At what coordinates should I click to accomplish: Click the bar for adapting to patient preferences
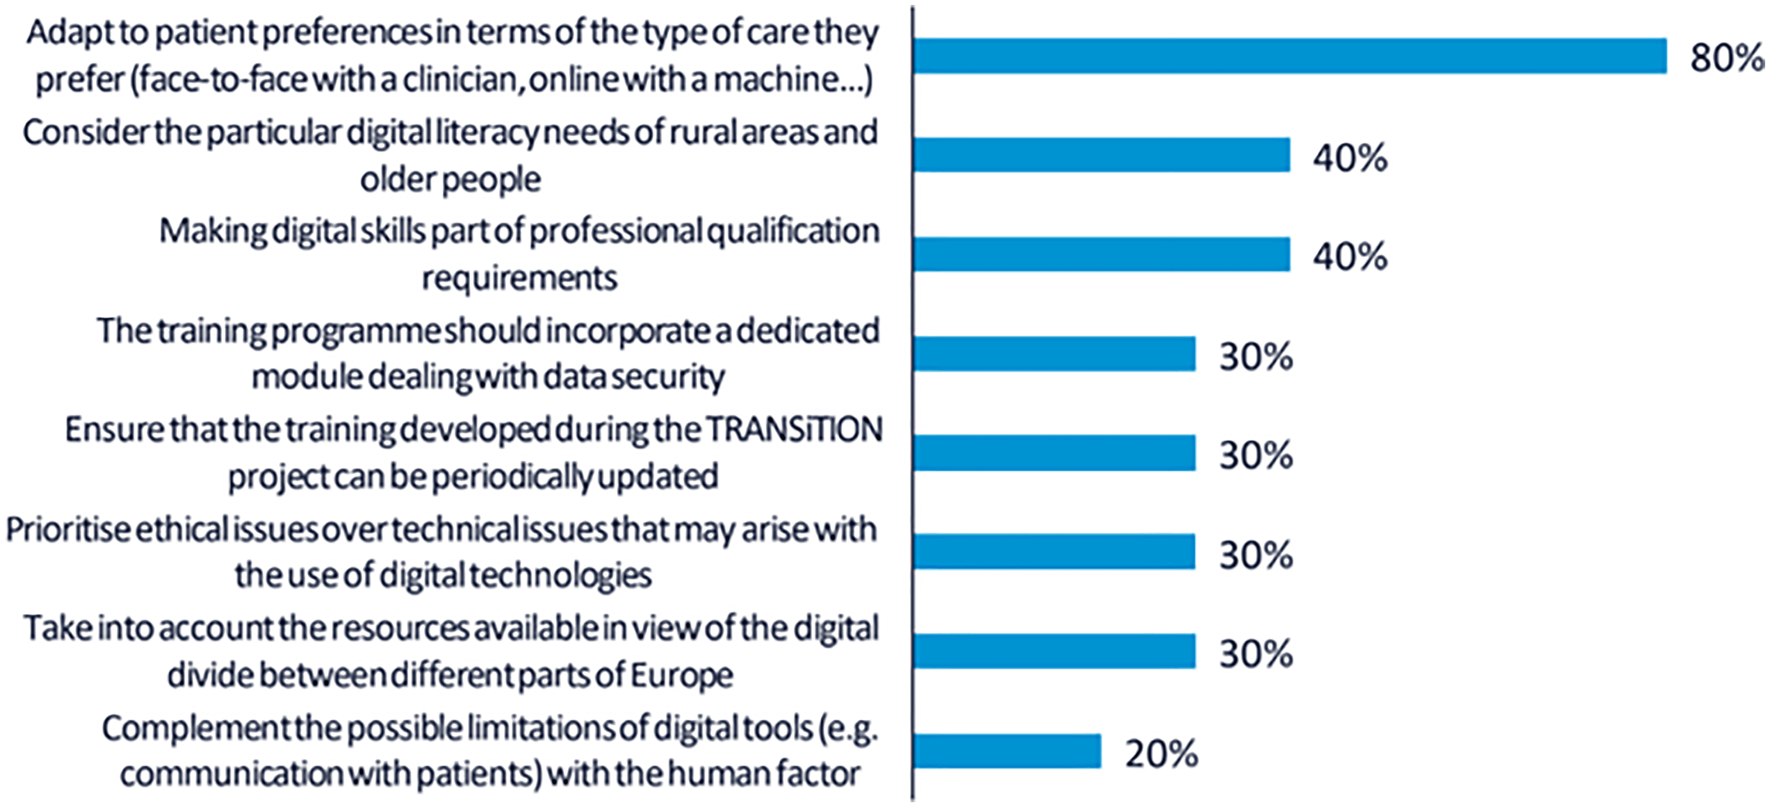[1290, 56]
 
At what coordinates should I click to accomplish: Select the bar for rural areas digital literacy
[1102, 155]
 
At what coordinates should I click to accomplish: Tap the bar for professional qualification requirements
[1102, 254]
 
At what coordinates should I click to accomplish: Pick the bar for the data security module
[1055, 353]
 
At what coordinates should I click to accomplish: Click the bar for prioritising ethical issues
[1055, 551]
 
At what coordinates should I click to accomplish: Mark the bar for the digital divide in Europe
[1055, 651]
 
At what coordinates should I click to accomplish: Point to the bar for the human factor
[1007, 751]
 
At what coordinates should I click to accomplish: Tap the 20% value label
[1162, 754]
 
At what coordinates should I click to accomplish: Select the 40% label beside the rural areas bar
[1351, 157]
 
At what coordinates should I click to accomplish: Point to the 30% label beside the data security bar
[1257, 357]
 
